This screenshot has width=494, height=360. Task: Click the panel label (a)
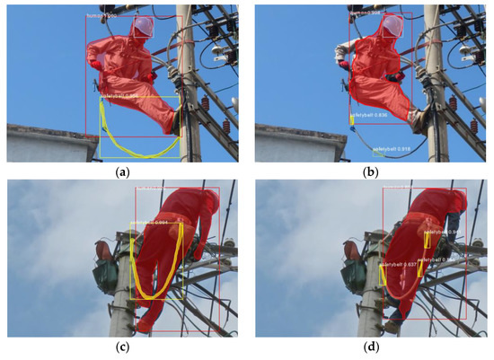(121, 171)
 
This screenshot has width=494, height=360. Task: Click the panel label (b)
(370, 171)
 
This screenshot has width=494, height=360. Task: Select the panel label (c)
(121, 347)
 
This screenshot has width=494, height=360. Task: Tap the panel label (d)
(370, 347)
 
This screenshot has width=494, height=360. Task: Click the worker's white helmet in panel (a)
(141, 26)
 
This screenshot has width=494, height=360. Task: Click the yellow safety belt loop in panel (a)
(135, 135)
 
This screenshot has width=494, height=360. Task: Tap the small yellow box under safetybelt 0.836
(353, 119)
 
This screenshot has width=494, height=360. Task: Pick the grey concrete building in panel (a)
(45, 144)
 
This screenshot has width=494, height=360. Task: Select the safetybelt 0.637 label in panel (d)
(398, 265)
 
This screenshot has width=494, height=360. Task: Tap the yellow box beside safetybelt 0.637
(384, 276)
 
